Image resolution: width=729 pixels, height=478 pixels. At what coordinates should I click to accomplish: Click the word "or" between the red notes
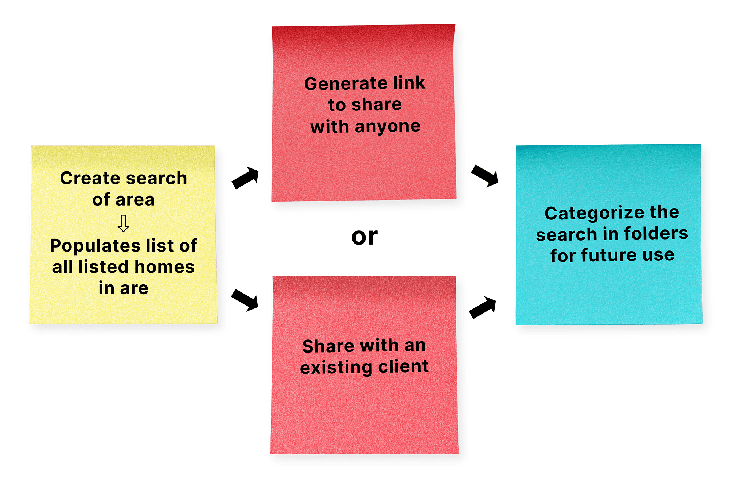[364, 237]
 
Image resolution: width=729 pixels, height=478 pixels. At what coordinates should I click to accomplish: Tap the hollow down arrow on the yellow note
[124, 223]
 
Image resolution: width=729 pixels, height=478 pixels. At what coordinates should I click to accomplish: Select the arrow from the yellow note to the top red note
[246, 178]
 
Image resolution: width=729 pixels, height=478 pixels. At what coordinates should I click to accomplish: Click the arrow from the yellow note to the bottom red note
[245, 300]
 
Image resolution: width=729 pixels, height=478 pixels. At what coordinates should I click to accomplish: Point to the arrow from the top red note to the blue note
[485, 175]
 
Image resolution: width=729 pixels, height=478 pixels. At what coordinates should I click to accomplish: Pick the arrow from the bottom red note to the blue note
[483, 307]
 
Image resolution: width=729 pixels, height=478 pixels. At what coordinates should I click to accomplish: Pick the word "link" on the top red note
[409, 83]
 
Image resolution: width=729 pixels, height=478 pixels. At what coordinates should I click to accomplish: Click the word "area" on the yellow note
[135, 200]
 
